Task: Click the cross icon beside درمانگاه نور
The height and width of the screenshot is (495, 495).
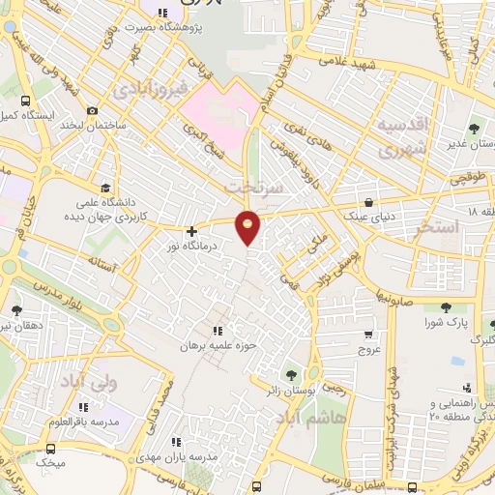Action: pyautogui.click(x=191, y=232)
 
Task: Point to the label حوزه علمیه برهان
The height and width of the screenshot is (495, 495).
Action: pyautogui.click(x=218, y=345)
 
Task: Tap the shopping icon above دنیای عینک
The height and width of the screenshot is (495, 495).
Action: pyautogui.click(x=368, y=203)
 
